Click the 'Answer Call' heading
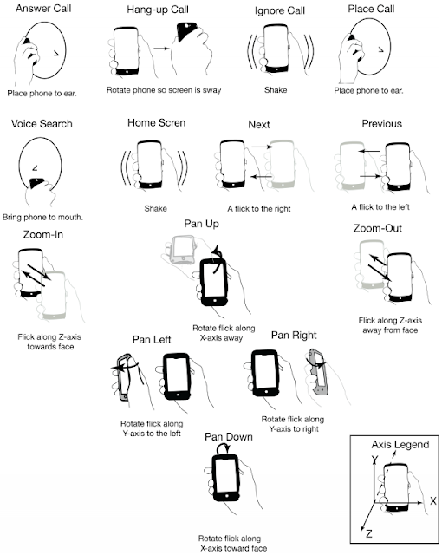43,9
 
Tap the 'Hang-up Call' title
158,10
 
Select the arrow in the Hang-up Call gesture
162,49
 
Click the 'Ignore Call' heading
280,10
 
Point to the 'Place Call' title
371,9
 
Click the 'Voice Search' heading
42,123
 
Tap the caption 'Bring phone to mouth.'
42,217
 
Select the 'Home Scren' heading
156,123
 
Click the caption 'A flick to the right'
259,209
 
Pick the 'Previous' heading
382,123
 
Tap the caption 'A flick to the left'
380,207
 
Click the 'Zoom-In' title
42,234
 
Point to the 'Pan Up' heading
201,224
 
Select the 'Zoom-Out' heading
378,228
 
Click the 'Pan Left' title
152,340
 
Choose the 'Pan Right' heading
294,336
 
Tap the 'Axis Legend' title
400,445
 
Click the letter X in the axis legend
433,501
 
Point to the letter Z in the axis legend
369,533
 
